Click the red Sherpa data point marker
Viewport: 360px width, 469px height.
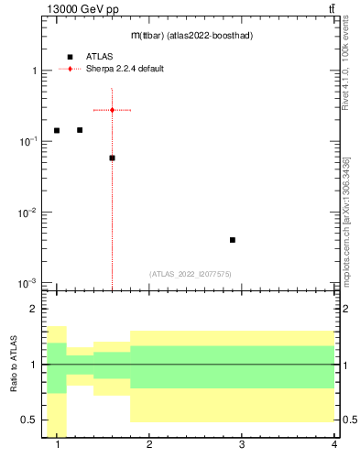point(112,110)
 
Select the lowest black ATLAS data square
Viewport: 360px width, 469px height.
point(233,240)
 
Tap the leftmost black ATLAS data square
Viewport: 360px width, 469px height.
point(57,130)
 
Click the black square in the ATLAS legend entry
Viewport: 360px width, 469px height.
point(70,57)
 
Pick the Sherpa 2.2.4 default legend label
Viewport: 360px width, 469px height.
point(125,69)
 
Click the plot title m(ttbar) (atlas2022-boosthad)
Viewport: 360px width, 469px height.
point(191,35)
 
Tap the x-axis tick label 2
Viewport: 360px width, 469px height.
point(149,445)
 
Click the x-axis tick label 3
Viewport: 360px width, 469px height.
point(242,445)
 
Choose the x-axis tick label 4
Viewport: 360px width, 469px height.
point(333,445)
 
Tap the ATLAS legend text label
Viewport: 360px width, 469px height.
point(100,57)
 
